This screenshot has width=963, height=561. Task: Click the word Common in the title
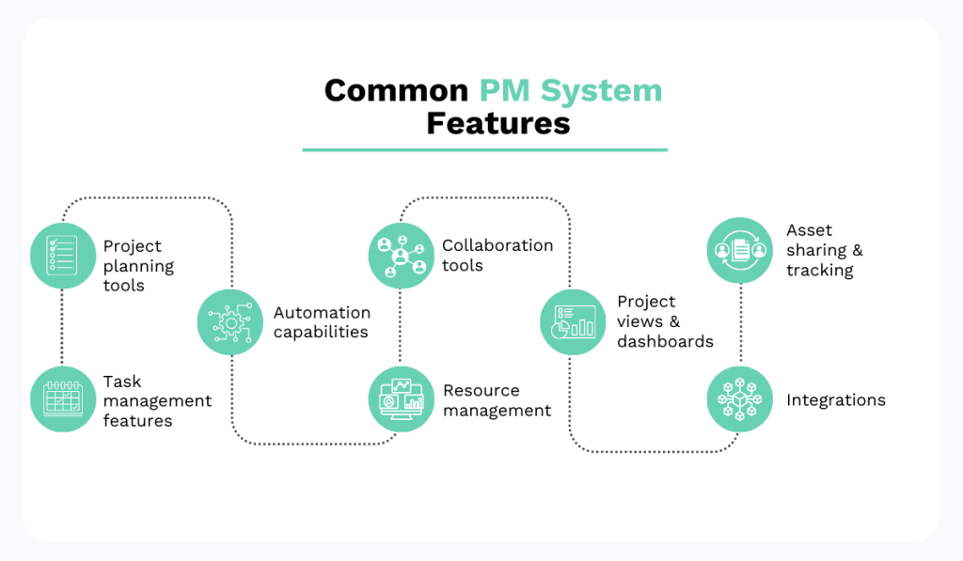(396, 90)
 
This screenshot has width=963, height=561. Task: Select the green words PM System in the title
(571, 90)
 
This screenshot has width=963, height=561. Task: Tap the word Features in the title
(498, 123)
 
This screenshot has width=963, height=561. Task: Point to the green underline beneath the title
(484, 149)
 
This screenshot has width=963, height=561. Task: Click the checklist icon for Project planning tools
(63, 256)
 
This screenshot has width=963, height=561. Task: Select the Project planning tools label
(137, 265)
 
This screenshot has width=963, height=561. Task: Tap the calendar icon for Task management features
(63, 399)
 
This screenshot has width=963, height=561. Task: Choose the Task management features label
(156, 400)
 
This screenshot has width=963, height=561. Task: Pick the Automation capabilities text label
(322, 321)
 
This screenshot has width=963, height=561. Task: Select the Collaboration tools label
(497, 256)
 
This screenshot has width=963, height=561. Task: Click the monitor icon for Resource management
(401, 399)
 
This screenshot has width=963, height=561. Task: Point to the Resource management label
(497, 400)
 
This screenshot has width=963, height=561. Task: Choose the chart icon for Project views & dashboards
(573, 322)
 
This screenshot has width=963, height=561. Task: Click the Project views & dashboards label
(664, 321)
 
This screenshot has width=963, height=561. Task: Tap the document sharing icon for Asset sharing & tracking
(739, 251)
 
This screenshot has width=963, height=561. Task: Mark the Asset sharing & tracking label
(824, 250)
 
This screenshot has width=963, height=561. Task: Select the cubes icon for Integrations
(739, 399)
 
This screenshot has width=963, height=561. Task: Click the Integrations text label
(835, 400)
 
